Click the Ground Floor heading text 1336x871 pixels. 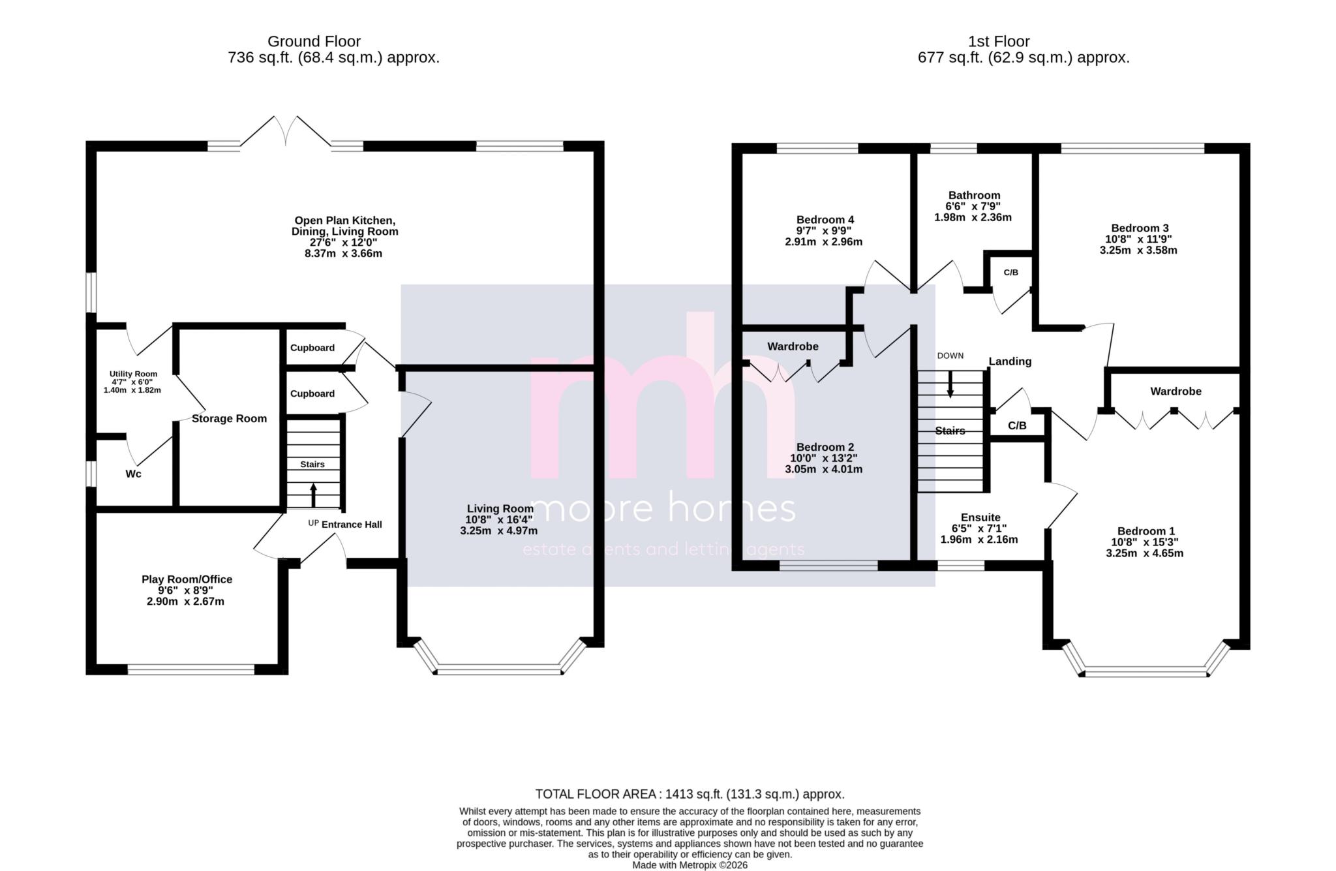(314, 42)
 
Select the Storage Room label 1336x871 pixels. (229, 419)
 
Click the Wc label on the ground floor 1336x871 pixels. (133, 474)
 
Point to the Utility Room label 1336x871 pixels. (133, 374)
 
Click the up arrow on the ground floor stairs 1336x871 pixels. (313, 495)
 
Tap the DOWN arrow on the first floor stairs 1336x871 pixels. (950, 384)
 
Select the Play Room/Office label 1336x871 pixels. (187, 579)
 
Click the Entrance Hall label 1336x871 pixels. (352, 525)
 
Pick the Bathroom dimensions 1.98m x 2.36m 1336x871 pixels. (973, 217)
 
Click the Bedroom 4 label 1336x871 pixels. (825, 220)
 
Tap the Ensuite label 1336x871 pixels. (980, 517)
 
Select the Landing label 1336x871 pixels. (1010, 361)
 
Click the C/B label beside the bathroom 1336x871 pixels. (1010, 273)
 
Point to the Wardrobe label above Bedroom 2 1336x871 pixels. (793, 346)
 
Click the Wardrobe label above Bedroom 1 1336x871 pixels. (1176, 391)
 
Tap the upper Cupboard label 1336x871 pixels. (312, 348)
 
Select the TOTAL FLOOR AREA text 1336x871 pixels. (690, 794)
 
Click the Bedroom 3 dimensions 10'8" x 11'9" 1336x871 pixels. (1140, 239)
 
